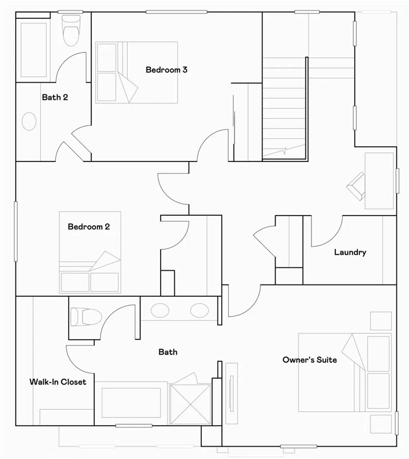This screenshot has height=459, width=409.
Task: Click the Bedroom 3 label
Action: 167,70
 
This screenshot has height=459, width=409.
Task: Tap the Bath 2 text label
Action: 55,97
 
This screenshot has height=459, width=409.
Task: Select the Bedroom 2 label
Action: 89,227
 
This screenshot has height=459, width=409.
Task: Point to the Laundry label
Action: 350,252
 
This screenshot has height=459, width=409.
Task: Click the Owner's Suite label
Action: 310,360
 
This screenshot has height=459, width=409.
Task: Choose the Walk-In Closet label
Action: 58,382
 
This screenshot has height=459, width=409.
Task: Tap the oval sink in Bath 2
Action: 29,121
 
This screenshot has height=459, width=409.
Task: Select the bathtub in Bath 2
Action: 34,49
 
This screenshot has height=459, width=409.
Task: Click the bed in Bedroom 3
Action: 137,73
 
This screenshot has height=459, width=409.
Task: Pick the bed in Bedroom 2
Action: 90,252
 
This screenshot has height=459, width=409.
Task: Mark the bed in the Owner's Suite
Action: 344,372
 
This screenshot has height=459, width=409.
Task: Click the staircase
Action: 284,108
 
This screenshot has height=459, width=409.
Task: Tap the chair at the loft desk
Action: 357,186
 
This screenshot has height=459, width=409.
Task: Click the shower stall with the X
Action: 190,404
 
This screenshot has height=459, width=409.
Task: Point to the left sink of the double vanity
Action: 159,310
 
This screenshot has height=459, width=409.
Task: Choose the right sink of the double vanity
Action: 199,310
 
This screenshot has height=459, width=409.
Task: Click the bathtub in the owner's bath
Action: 131,403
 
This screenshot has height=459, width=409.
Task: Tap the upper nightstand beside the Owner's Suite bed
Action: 381,321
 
